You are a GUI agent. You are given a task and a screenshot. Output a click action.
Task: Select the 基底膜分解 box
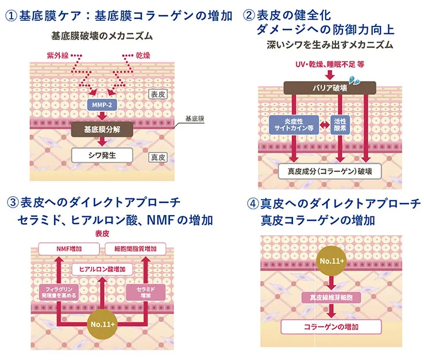pos(102,129)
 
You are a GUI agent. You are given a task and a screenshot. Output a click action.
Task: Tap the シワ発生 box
pos(102,155)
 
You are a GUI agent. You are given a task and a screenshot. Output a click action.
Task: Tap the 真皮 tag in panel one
pos(157,156)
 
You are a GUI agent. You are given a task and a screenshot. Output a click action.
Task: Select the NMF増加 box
pos(69,248)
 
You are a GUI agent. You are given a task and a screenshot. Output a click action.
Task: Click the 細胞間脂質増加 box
pos(136,248)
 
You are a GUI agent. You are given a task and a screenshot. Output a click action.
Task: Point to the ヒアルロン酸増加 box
pos(102,269)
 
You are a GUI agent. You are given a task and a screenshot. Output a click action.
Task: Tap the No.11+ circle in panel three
pos(102,324)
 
